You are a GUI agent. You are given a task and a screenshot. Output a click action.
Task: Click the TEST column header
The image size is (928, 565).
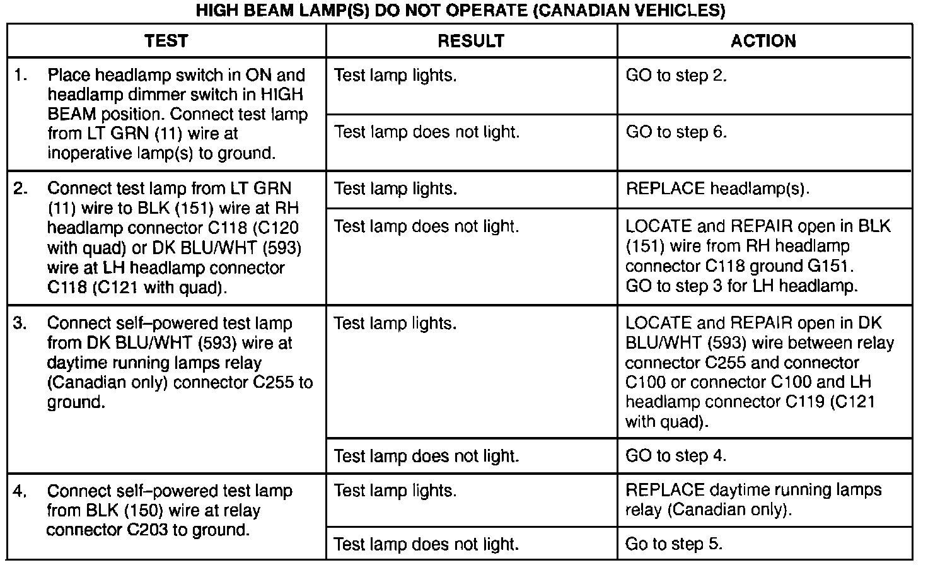click(166, 42)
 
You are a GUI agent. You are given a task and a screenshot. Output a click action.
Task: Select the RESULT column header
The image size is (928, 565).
click(471, 42)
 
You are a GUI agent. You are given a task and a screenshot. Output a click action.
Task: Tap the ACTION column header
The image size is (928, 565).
click(763, 42)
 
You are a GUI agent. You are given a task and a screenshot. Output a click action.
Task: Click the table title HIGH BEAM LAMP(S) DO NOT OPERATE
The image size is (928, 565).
click(460, 11)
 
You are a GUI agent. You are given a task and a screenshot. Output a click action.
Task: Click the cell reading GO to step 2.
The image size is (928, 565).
click(676, 76)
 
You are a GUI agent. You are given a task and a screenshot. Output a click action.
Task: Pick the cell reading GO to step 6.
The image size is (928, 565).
click(676, 132)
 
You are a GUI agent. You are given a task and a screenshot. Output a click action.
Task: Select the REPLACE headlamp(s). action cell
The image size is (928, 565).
click(717, 189)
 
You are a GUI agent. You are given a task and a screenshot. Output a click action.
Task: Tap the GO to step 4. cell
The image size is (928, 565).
click(676, 456)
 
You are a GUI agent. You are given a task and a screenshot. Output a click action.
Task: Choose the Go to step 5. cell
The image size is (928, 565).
click(674, 544)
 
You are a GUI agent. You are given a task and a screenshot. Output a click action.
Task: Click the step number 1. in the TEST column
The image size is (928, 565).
click(21, 76)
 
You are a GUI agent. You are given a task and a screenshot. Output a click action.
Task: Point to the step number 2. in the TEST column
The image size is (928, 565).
click(21, 189)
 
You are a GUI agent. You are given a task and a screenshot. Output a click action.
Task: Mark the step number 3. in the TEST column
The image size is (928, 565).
click(21, 323)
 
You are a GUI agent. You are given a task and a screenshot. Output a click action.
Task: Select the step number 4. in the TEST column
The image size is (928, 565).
click(21, 491)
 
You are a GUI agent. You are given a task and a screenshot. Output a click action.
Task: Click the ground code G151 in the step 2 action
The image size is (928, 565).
click(826, 266)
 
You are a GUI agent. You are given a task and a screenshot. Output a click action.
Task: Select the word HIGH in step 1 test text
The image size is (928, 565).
click(282, 95)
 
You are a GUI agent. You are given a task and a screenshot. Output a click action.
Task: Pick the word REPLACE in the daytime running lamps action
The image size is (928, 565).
click(664, 491)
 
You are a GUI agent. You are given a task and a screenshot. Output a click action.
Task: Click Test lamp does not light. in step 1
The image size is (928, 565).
click(427, 132)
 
